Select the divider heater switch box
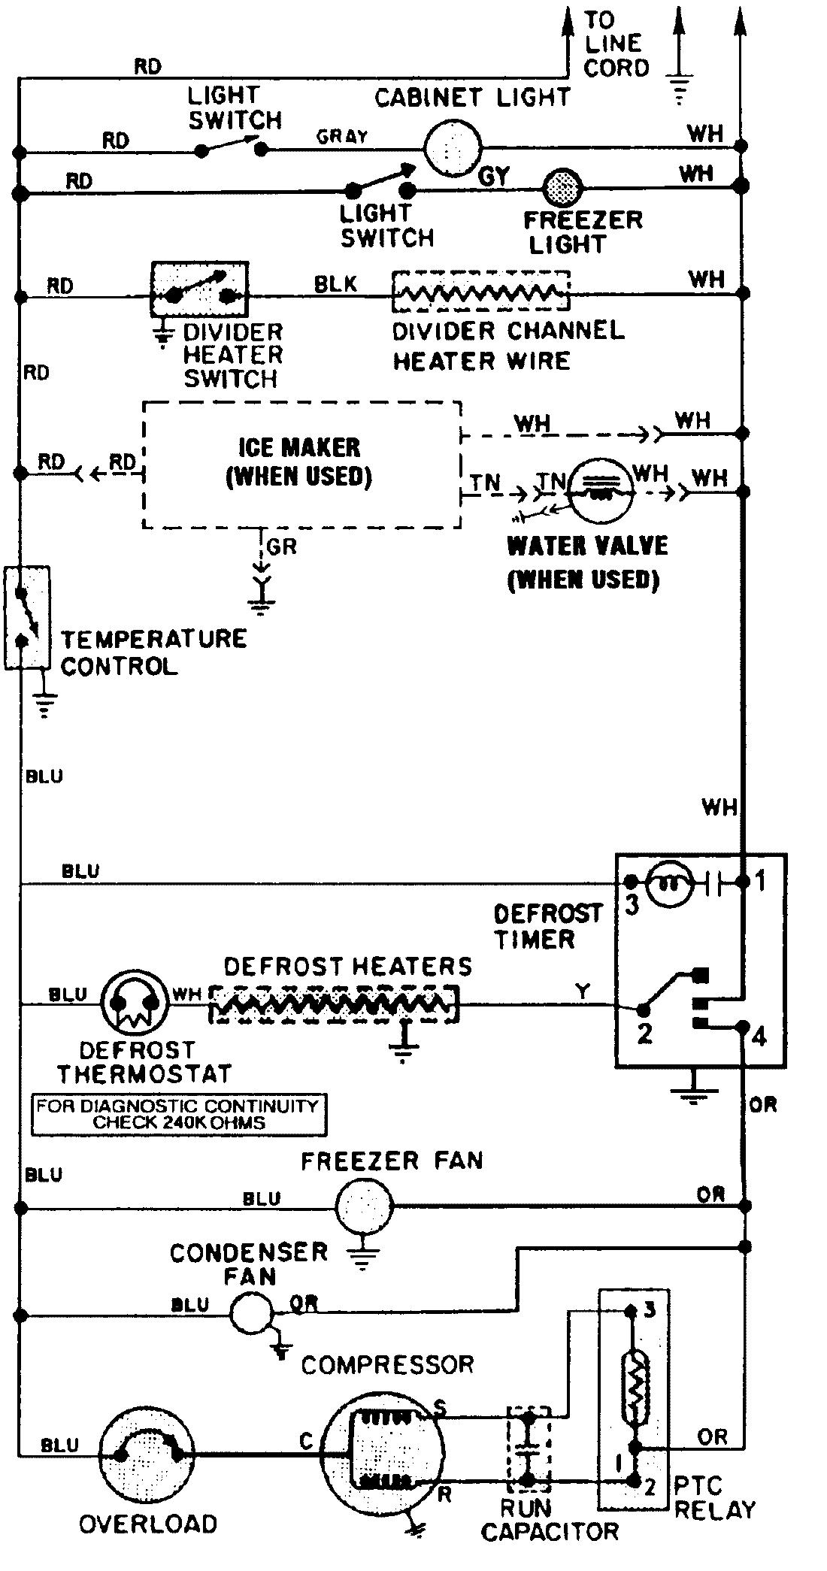pyautogui.click(x=199, y=289)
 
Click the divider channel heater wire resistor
pyautogui.click(x=480, y=292)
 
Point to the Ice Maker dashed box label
pyautogui.click(x=299, y=462)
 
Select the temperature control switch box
pyautogui.click(x=27, y=617)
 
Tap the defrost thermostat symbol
pyautogui.click(x=132, y=1003)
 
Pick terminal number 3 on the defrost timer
pyautogui.click(x=632, y=905)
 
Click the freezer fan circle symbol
pyautogui.click(x=364, y=1207)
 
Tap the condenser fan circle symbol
pyautogui.click(x=251, y=1313)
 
